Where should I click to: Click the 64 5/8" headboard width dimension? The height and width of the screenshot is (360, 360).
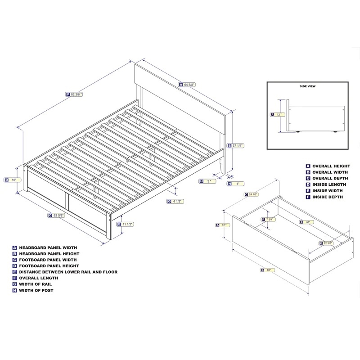[187, 85]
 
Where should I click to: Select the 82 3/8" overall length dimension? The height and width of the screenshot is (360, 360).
[74, 94]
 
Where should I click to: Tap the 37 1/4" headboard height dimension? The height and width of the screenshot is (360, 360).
[235, 145]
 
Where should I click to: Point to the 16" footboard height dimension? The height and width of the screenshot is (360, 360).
[12, 180]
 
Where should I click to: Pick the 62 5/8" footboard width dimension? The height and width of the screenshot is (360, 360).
[57, 216]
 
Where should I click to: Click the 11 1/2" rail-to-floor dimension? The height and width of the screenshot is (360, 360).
[126, 224]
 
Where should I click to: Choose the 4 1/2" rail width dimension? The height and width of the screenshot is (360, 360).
[175, 201]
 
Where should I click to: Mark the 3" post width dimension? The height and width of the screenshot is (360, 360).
[207, 181]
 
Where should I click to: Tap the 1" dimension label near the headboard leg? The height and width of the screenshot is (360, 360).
[235, 184]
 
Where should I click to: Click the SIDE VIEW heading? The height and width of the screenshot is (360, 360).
[307, 86]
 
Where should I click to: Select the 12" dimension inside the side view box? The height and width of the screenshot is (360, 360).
[278, 115]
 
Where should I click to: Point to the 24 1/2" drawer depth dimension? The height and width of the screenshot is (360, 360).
[252, 194]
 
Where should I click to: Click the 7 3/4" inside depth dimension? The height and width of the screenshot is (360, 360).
[269, 220]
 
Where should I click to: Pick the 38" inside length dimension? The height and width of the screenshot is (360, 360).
[306, 222]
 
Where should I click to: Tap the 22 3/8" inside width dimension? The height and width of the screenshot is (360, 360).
[326, 243]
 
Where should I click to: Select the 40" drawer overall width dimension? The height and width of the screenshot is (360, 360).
[268, 270]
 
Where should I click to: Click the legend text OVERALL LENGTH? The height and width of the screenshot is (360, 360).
[39, 278]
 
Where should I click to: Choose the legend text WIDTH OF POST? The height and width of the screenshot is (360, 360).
[36, 290]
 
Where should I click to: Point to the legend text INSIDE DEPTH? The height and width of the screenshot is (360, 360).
[328, 197]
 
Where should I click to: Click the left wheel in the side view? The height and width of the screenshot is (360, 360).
[298, 132]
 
